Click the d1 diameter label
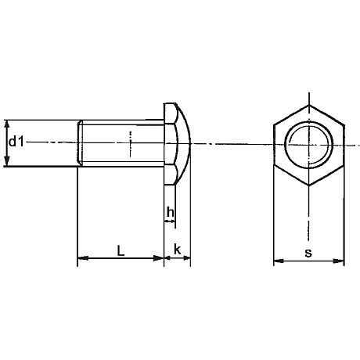click(16, 142)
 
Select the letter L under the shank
click(119, 250)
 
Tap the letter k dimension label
click(178, 250)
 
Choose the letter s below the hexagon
click(308, 253)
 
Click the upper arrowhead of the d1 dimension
click(8, 124)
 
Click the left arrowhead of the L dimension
click(81, 260)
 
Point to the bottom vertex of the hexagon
click(308, 185)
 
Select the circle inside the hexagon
click(308, 144)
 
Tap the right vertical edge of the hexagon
click(344, 144)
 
